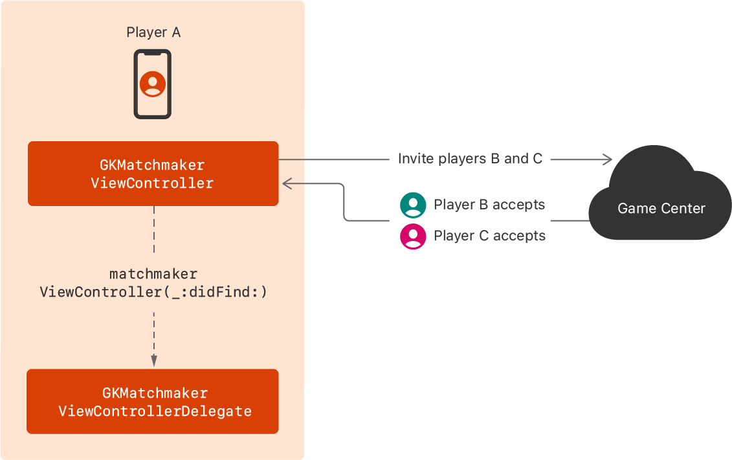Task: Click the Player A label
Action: pyautogui.click(x=153, y=32)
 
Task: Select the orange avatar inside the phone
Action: pyautogui.click(x=153, y=84)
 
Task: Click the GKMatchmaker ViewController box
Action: pyautogui.click(x=153, y=174)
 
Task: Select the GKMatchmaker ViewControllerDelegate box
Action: pyautogui.click(x=153, y=402)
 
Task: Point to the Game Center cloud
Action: pyautogui.click(x=660, y=194)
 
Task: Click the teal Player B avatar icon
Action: pyautogui.click(x=413, y=205)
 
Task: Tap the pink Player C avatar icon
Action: pyautogui.click(x=413, y=236)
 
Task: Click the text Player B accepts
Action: pyautogui.click(x=489, y=205)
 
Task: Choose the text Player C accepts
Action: pyautogui.click(x=489, y=236)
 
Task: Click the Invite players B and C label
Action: pyautogui.click(x=470, y=159)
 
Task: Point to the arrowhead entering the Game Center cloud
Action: pyautogui.click(x=607, y=159)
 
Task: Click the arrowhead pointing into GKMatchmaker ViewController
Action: pyautogui.click(x=287, y=185)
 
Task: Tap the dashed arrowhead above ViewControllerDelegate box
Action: pyautogui.click(x=153, y=361)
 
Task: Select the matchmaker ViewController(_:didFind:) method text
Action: pyautogui.click(x=153, y=284)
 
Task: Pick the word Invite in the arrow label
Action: pyautogui.click(x=413, y=159)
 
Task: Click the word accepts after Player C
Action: pyautogui.click(x=520, y=236)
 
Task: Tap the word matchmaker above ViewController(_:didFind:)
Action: pyautogui.click(x=153, y=275)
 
